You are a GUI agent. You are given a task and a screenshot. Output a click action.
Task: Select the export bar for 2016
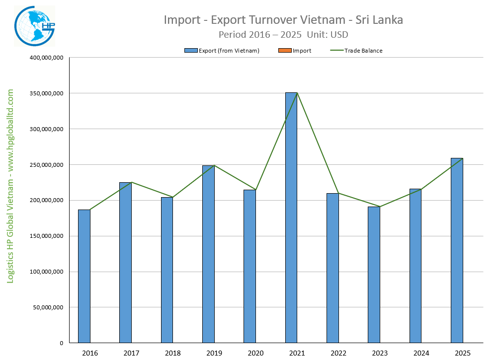[84, 276]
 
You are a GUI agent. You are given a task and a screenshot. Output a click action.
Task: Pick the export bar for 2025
[457, 250]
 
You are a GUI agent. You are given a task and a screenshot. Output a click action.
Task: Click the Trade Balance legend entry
[356, 51]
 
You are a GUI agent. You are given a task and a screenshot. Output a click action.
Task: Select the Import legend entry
[298, 51]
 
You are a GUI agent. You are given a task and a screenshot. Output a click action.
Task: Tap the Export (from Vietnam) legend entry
[222, 51]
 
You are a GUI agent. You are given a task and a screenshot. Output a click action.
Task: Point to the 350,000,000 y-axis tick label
[46, 93]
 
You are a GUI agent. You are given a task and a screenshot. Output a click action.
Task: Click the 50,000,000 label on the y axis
[47, 307]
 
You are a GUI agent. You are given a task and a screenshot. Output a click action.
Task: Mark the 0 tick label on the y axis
[61, 343]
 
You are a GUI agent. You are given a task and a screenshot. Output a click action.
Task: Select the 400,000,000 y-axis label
[46, 58]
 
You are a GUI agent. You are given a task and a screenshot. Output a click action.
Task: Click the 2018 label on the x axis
[172, 353]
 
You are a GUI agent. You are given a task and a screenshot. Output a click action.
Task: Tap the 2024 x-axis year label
[421, 353]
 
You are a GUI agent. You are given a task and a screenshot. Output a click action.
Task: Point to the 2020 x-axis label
[255, 353]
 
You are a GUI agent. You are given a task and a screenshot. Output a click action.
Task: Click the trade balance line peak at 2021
[297, 93]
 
